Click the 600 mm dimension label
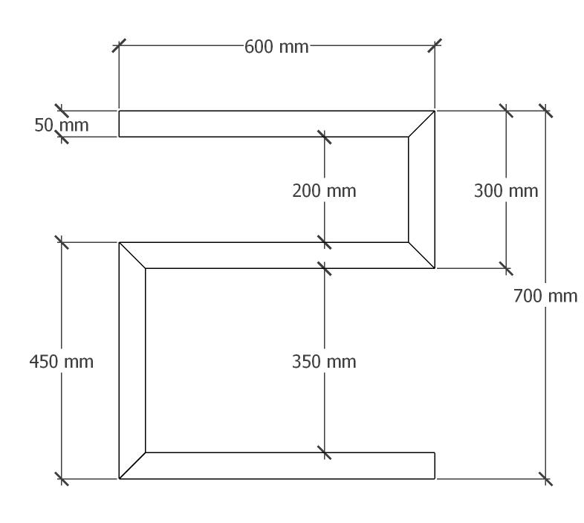click(276, 47)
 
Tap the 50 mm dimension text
click(61, 125)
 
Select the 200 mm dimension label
click(324, 191)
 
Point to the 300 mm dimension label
click(505, 191)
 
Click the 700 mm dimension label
click(545, 296)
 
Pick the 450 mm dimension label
click(61, 362)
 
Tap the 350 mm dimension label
click(324, 362)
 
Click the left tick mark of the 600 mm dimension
click(119, 45)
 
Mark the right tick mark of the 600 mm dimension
click(435, 45)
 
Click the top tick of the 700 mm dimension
click(546, 111)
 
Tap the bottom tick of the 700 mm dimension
click(546, 479)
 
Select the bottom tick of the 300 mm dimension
click(506, 268)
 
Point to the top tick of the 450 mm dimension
click(62, 242)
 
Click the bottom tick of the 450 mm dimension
click(62, 479)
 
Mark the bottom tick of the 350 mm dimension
click(325, 452)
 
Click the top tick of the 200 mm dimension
click(325, 137)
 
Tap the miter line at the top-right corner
click(421, 124)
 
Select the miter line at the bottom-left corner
click(132, 466)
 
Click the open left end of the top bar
click(119, 124)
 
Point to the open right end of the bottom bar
click(435, 466)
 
